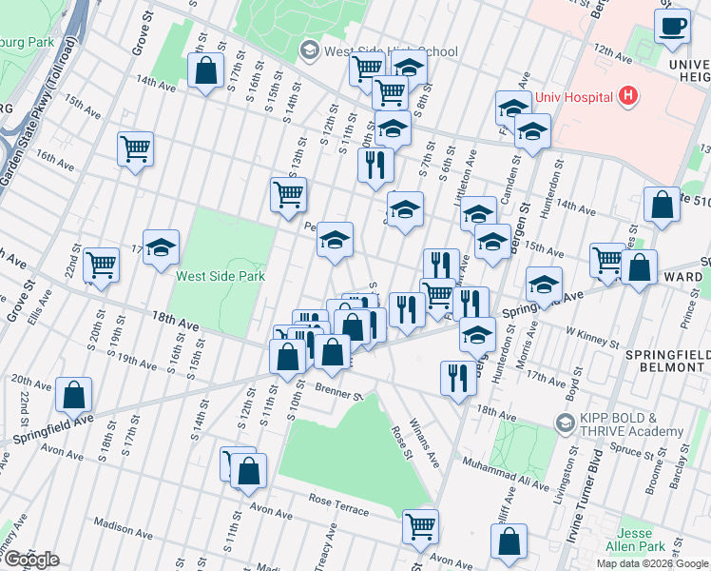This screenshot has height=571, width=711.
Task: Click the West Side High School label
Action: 391,51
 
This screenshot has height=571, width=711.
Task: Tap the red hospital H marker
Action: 626,95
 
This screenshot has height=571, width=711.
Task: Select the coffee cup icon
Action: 672,27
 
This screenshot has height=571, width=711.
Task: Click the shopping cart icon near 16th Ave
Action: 135,148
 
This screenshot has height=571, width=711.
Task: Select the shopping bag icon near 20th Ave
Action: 73,394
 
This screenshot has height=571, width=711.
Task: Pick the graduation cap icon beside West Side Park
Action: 162,247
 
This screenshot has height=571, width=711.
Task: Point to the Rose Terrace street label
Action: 337,504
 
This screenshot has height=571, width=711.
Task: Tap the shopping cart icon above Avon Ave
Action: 420,524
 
